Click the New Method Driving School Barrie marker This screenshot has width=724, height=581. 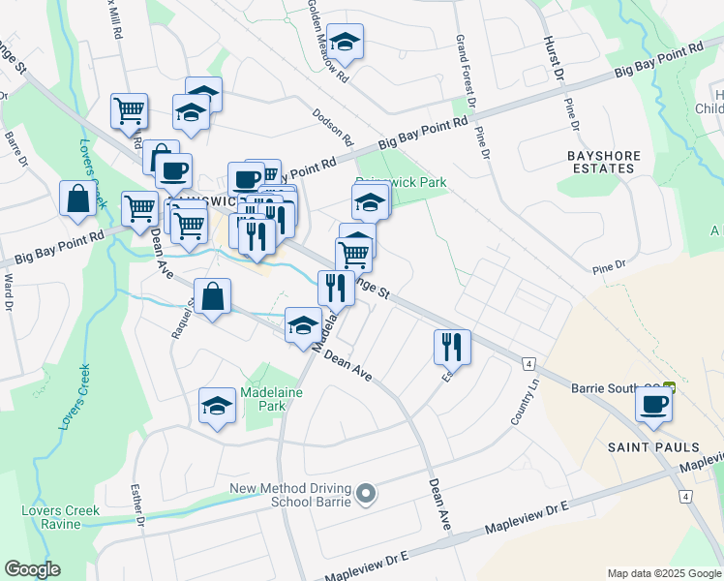coord(365,495)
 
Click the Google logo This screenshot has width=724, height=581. coord(32,569)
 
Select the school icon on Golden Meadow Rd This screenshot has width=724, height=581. coord(344,42)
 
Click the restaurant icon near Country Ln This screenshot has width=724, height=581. coord(452,345)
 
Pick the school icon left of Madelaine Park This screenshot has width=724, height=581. coord(217,406)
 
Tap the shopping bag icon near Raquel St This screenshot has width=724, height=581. coord(211,296)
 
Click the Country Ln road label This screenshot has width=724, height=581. coord(526,407)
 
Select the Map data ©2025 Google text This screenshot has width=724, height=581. coord(663,573)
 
